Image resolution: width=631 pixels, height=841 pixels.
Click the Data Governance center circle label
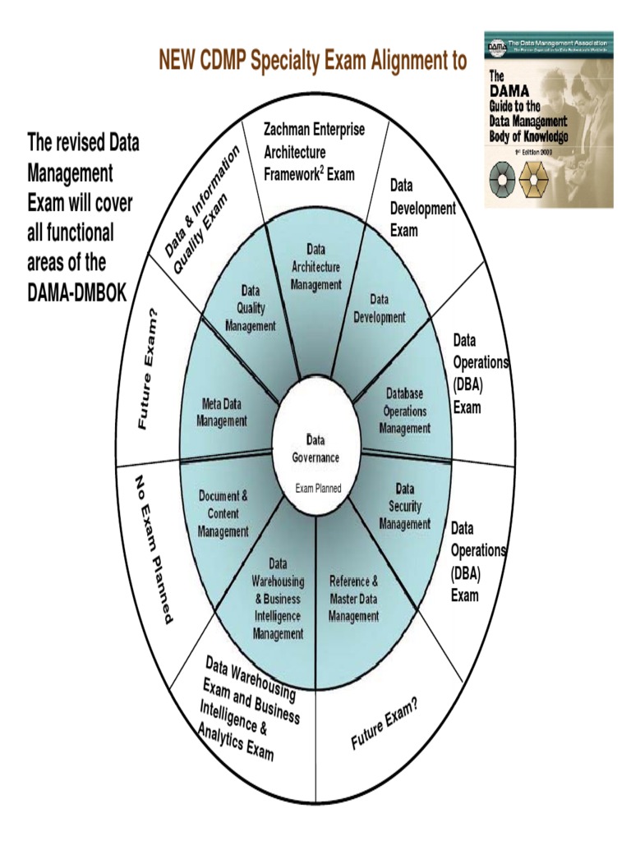point(315,448)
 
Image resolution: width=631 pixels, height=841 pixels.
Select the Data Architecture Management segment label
point(316,267)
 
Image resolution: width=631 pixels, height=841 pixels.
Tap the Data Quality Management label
point(251,308)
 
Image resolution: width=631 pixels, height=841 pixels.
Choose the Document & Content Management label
point(223,514)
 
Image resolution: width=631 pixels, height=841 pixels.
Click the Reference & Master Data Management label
point(354,598)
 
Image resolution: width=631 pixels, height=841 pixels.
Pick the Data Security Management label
point(404,506)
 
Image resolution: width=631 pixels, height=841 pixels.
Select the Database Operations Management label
point(404,411)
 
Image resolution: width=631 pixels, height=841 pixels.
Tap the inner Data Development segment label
point(379,309)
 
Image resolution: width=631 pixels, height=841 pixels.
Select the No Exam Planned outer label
point(154,548)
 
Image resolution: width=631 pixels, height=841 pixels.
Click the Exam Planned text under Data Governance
point(318,489)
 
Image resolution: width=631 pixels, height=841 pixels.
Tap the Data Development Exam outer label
point(421,209)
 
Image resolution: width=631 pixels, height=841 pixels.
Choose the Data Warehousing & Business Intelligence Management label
point(278,599)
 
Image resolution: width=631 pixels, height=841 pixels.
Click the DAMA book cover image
point(548,119)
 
